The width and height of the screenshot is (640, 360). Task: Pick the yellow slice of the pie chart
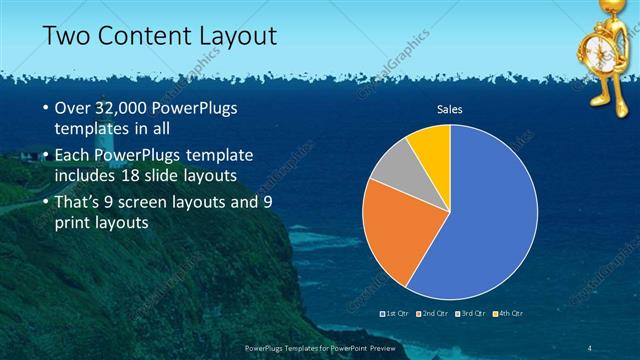coord(431,145)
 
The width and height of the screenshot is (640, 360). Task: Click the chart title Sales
coord(448,109)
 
